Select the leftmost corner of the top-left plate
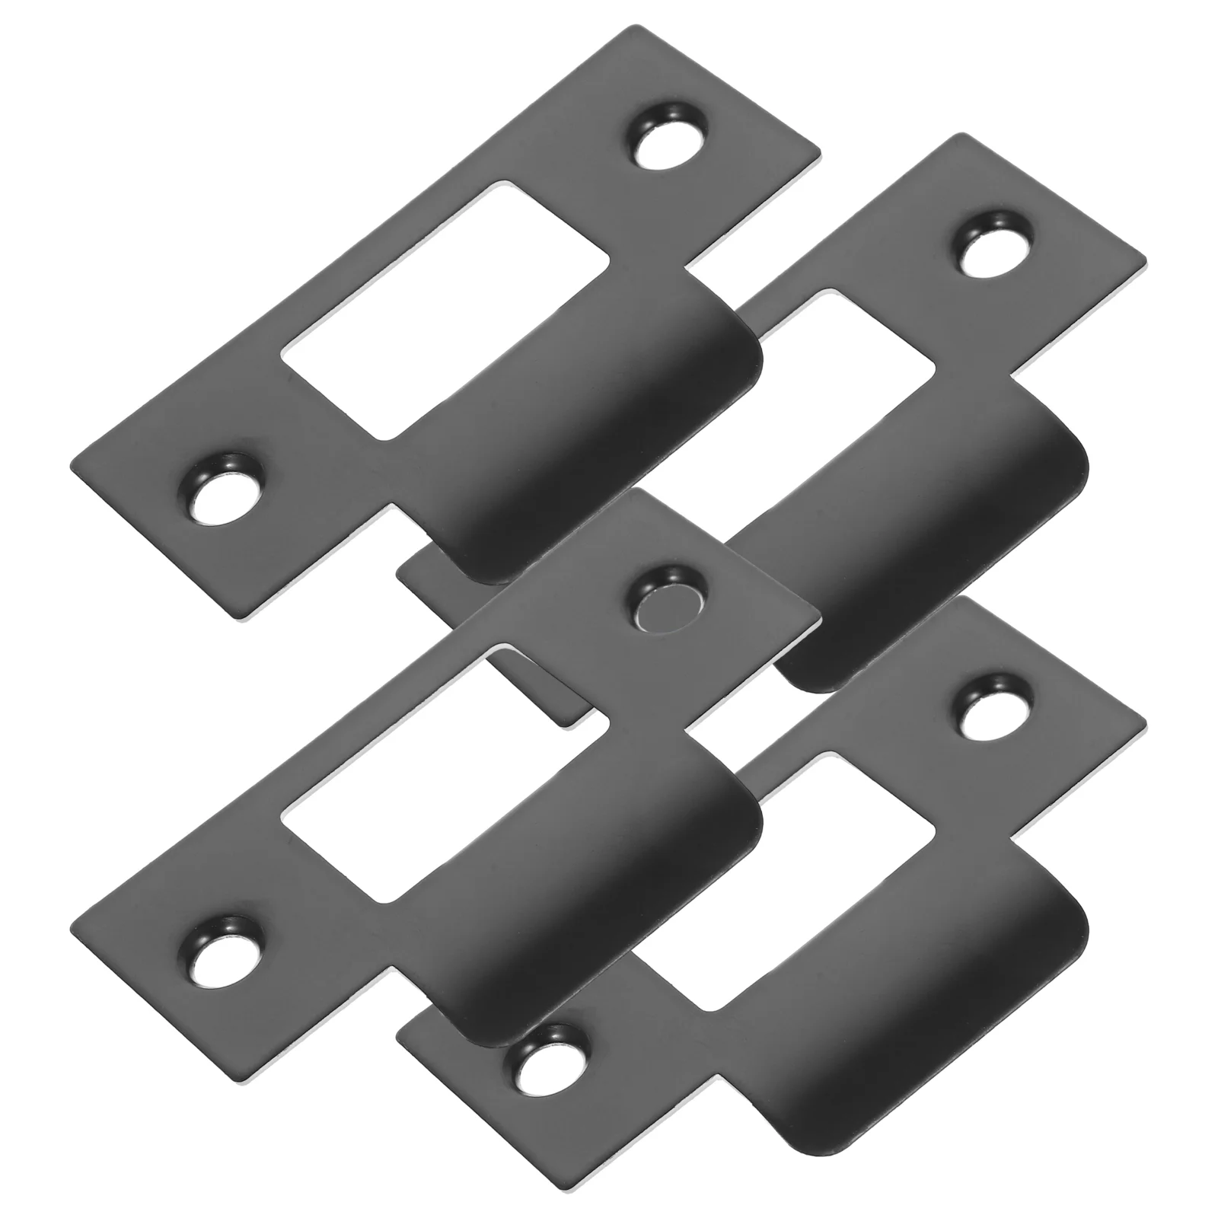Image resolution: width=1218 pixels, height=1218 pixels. (70, 463)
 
